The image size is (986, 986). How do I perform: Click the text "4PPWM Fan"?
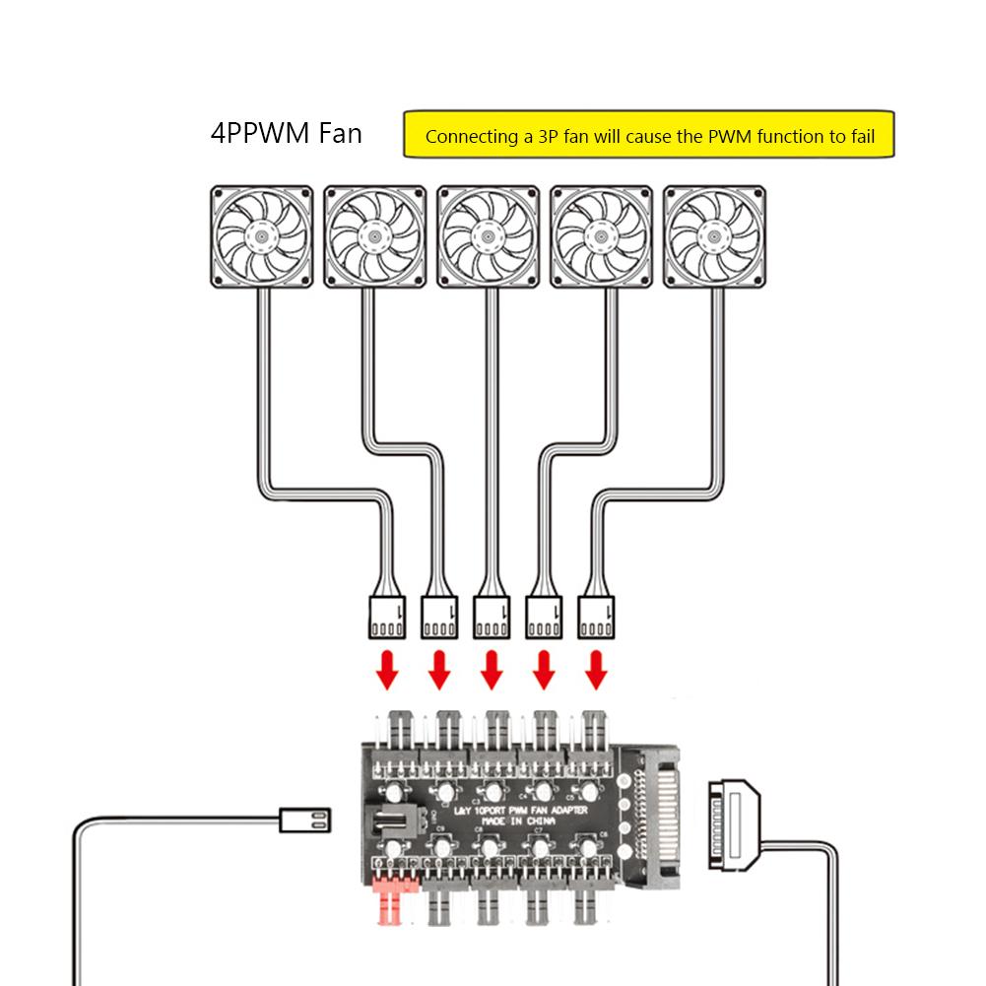tap(286, 133)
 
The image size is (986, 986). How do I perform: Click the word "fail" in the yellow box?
tap(862, 137)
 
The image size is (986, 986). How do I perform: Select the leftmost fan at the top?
tap(261, 237)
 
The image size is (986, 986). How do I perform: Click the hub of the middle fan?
tap(488, 237)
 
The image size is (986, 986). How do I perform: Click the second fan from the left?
tap(374, 237)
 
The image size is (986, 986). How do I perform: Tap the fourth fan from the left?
tap(601, 237)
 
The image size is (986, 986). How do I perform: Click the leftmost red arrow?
tap(388, 670)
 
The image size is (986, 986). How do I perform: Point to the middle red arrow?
tap(491, 670)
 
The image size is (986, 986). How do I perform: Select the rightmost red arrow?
tap(594, 670)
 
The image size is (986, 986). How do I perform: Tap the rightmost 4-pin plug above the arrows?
tap(595, 617)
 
